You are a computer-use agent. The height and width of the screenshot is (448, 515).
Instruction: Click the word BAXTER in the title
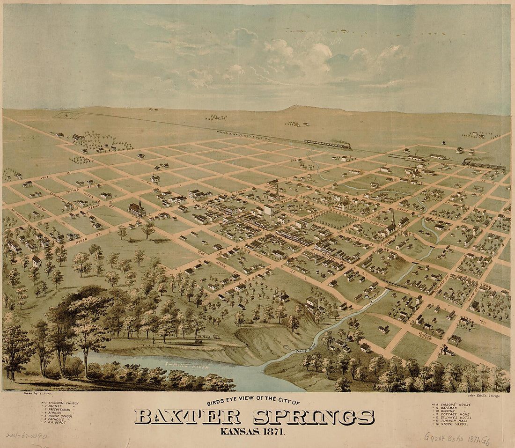point(187,417)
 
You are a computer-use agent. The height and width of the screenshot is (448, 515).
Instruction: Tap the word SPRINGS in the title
point(314,417)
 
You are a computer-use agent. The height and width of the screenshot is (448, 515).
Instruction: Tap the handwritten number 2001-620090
point(27,435)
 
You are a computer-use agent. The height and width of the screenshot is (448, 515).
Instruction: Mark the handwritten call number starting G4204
point(457,438)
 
